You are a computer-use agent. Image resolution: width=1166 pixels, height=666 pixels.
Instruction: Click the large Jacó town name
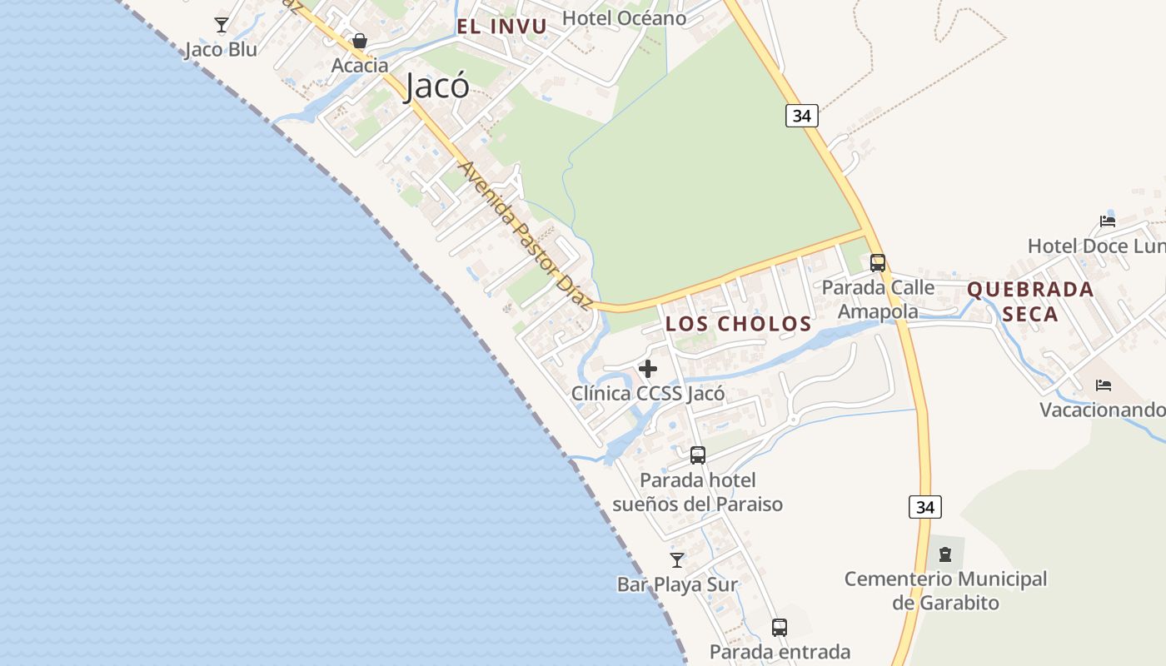tap(436, 86)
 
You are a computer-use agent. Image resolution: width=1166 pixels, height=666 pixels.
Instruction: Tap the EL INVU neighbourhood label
tap(501, 26)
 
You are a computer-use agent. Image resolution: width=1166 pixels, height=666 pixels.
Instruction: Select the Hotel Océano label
tap(624, 17)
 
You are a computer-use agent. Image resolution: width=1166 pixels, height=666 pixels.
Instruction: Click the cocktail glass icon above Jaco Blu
tap(222, 25)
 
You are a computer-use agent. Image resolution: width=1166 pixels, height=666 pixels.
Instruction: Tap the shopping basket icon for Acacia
tap(360, 41)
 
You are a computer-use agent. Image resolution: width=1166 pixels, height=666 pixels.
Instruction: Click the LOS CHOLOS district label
tap(738, 324)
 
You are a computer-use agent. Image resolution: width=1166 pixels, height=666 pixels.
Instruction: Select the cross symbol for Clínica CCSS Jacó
tap(648, 368)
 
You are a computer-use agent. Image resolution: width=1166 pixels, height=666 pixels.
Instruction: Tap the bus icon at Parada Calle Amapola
tap(878, 263)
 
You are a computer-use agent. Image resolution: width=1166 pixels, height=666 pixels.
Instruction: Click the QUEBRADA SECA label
tap(1030, 301)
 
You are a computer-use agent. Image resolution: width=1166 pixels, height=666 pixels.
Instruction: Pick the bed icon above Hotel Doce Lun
tap(1107, 221)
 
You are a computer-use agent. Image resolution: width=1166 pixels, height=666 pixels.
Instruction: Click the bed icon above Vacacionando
tap(1104, 385)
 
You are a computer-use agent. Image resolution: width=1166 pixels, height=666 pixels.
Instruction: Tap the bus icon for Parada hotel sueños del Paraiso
tap(698, 455)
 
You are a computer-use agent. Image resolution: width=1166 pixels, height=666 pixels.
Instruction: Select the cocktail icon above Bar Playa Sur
tap(677, 560)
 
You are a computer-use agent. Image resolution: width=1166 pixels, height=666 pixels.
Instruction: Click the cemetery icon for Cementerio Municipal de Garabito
tap(944, 554)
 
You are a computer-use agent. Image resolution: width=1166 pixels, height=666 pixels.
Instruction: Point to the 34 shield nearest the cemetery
tap(924, 507)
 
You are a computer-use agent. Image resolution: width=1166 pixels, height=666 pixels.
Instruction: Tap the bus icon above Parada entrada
tap(780, 628)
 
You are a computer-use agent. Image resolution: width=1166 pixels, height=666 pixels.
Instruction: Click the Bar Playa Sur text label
tap(677, 584)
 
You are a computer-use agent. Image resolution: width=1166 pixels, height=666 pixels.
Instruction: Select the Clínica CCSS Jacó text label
tap(648, 393)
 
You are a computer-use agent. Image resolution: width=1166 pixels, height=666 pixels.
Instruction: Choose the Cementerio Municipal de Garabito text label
tap(945, 590)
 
